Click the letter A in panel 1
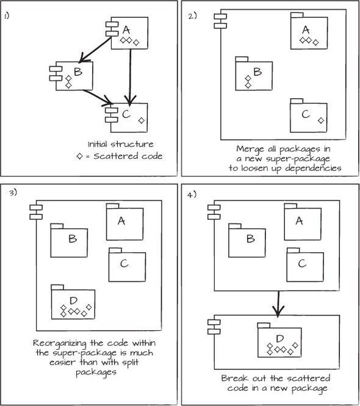pyautogui.click(x=126, y=30)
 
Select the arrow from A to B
pyautogui.click(x=95, y=49)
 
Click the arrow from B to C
pyautogui.click(x=98, y=98)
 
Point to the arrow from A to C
pyautogui.click(x=130, y=77)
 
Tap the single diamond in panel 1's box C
pyautogui.click(x=142, y=120)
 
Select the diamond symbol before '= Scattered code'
pyautogui.click(x=80, y=156)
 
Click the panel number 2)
pyautogui.click(x=192, y=16)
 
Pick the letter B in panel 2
pyautogui.click(x=257, y=71)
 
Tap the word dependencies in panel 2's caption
pyautogui.click(x=313, y=169)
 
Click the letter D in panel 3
pyautogui.click(x=73, y=300)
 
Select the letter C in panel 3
pyautogui.click(x=124, y=264)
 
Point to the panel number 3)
pyautogui.click(x=13, y=193)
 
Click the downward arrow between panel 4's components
pyautogui.click(x=278, y=303)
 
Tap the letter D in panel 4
pyautogui.click(x=280, y=338)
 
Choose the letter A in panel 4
pyautogui.click(x=299, y=221)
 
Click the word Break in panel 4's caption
pyautogui.click(x=235, y=379)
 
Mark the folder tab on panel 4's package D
pyautogui.click(x=264, y=325)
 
